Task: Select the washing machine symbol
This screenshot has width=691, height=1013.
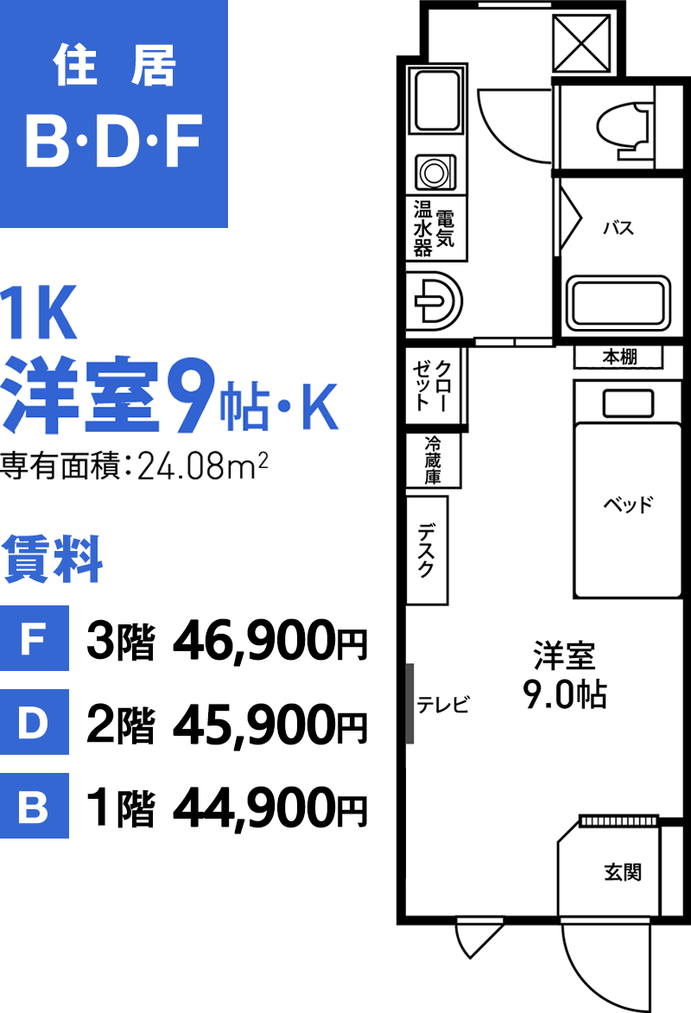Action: [x=434, y=172]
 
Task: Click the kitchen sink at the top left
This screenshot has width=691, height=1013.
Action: [x=437, y=100]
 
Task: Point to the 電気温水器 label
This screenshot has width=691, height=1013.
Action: [x=434, y=229]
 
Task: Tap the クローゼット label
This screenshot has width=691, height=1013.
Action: [x=433, y=386]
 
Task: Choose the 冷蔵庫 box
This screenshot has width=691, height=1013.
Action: [x=433, y=460]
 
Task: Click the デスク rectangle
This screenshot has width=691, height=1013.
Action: [x=428, y=550]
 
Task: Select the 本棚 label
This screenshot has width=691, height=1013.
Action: [x=619, y=357]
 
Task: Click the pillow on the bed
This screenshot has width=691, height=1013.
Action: [x=628, y=404]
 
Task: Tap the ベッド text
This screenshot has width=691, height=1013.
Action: [x=628, y=503]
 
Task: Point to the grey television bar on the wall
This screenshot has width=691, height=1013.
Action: [x=409, y=704]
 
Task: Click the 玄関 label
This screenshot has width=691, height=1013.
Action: [x=623, y=872]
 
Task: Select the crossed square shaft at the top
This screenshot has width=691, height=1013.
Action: [x=582, y=44]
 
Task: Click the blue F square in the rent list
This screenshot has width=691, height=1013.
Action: [x=35, y=638]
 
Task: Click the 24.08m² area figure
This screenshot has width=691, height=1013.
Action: [x=203, y=465]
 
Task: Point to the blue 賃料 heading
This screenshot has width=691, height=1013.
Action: [x=53, y=559]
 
